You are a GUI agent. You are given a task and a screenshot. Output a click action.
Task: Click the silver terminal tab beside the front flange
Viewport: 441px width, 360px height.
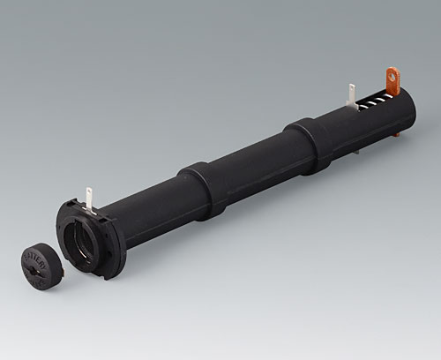[x=90, y=199]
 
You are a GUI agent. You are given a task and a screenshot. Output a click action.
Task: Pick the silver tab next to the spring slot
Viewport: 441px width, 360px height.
[x=351, y=95]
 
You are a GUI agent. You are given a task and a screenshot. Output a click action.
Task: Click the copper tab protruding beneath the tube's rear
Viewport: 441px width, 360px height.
[x=400, y=134]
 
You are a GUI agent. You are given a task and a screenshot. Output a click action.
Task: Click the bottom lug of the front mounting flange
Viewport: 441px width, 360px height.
[x=104, y=271]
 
